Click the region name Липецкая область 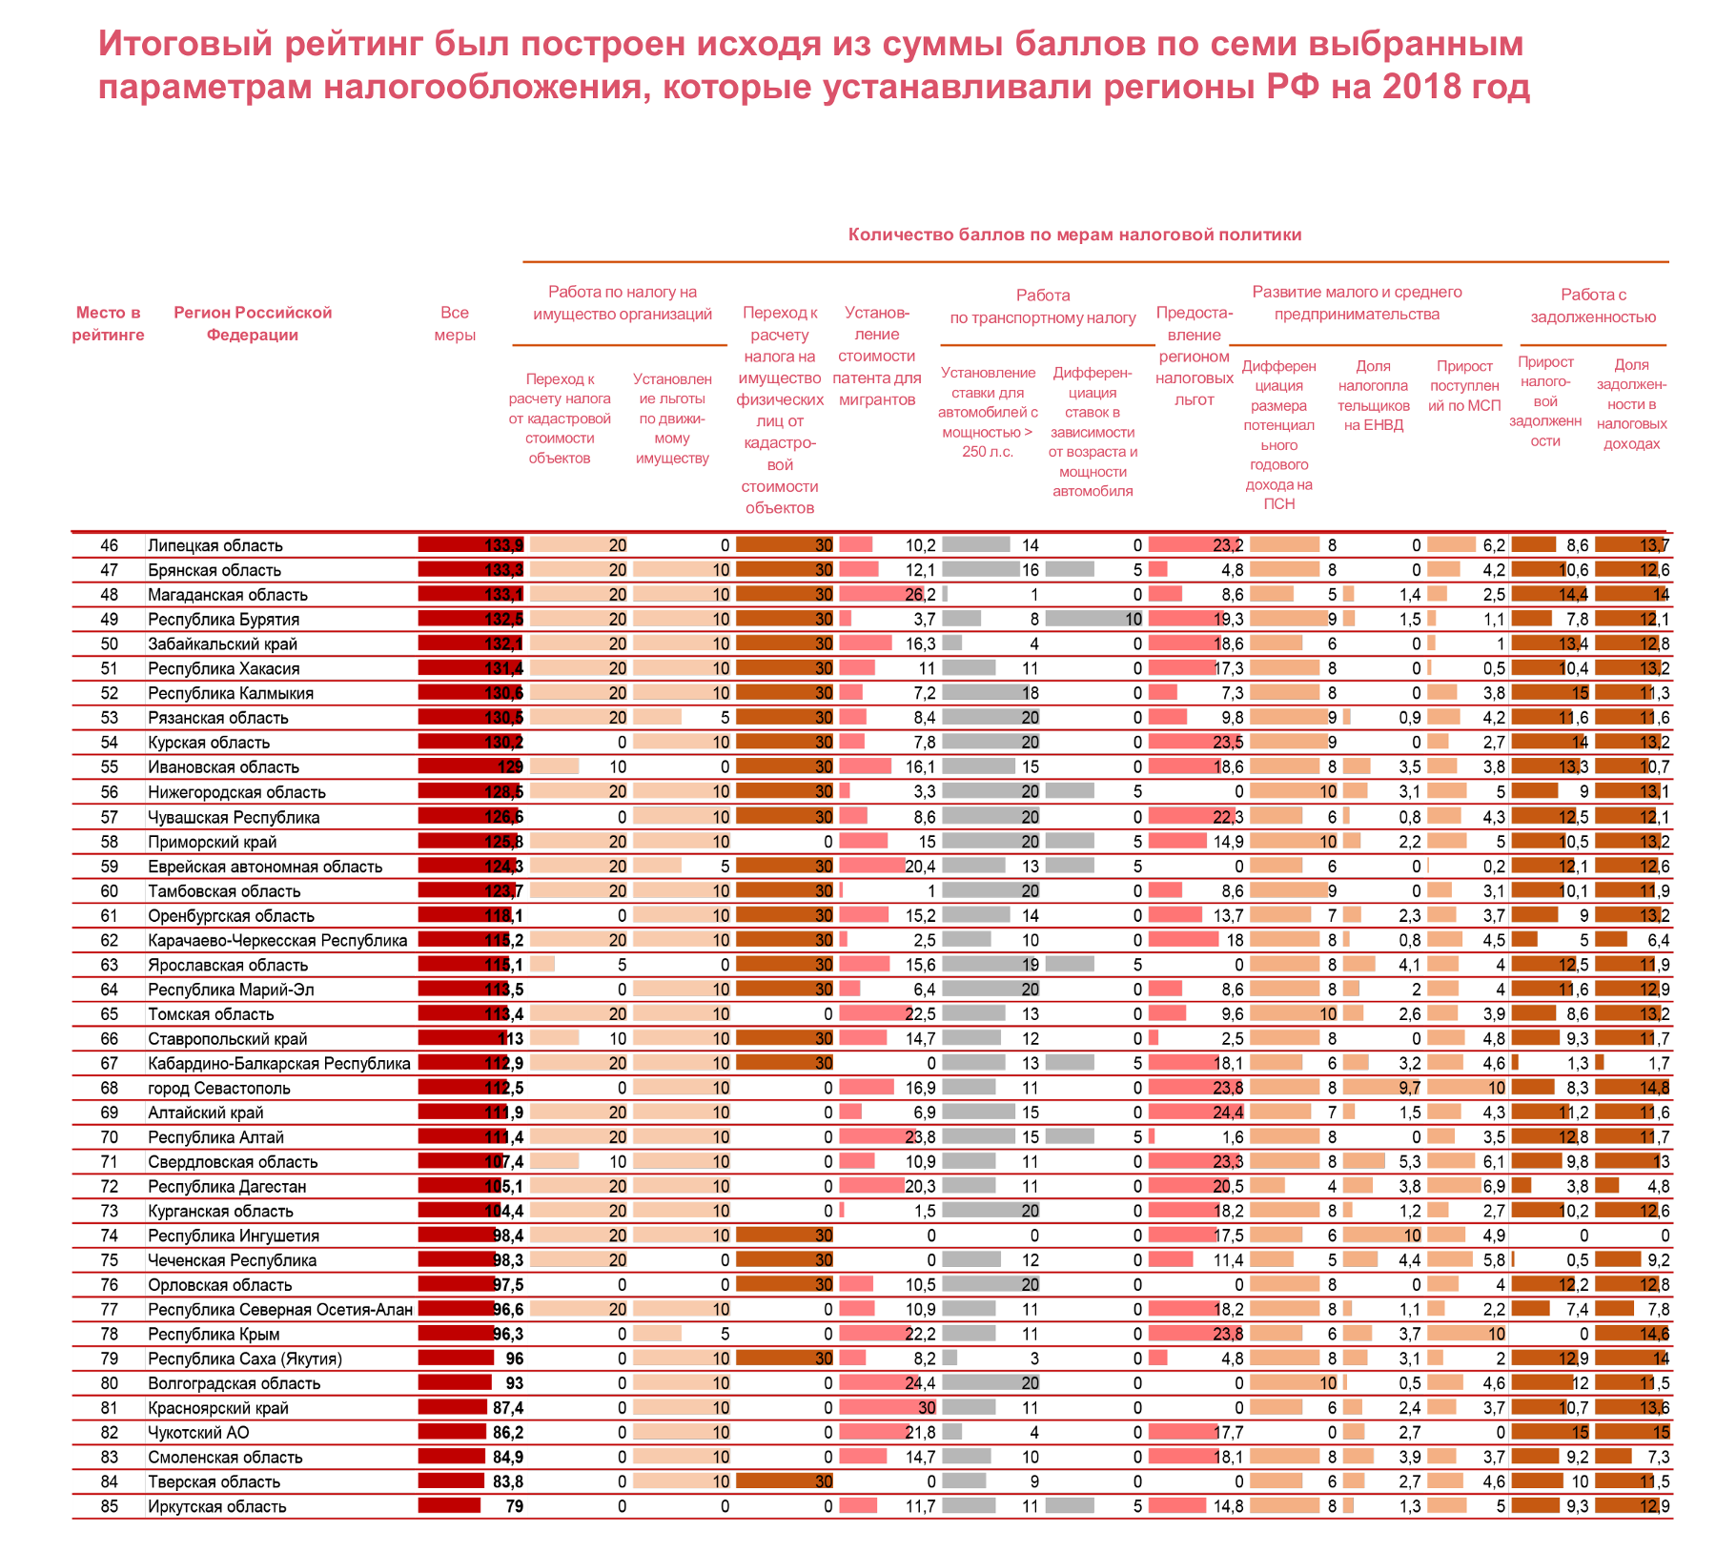[215, 545]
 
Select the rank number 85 [110, 1506]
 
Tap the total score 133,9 [504, 545]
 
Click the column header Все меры [455, 323]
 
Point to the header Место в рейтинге [109, 323]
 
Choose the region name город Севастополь [219, 1088]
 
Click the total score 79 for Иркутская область [514, 1506]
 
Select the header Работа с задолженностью [1593, 306]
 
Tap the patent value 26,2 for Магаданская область [921, 595]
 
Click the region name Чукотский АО [198, 1432]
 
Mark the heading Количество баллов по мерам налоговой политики [1074, 235]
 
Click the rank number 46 [110, 545]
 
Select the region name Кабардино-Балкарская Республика [279, 1063]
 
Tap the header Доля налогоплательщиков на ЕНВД [1374, 395]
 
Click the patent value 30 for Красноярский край [927, 1407]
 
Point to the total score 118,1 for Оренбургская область [504, 915]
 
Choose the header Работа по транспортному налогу [1043, 306]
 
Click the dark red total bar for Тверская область [451, 1481]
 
